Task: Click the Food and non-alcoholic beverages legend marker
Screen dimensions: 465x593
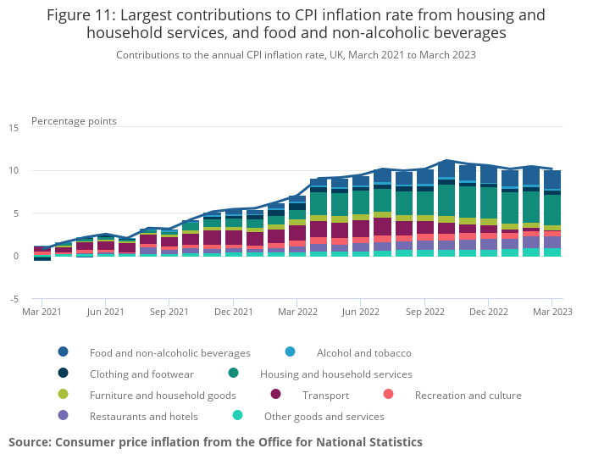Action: pyautogui.click(x=64, y=352)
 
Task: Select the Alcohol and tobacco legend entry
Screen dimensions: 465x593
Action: pyautogui.click(x=363, y=352)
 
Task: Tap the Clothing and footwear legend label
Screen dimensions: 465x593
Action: pyautogui.click(x=141, y=374)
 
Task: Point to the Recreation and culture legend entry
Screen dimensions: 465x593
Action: pyautogui.click(x=468, y=395)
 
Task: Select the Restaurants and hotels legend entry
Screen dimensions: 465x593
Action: pyautogui.click(x=143, y=416)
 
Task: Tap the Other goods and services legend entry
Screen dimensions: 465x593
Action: pyautogui.click(x=324, y=416)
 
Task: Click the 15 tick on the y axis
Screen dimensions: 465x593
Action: pyautogui.click(x=14, y=128)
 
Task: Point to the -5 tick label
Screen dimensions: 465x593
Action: pyautogui.click(x=14, y=299)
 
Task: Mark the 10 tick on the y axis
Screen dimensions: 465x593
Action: pyautogui.click(x=14, y=171)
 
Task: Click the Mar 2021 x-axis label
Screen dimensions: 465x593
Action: pyautogui.click(x=42, y=312)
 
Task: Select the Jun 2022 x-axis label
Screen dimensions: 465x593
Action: pyautogui.click(x=360, y=312)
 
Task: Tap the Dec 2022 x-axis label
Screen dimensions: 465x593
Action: pyautogui.click(x=488, y=312)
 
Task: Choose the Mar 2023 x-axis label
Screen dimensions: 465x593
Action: pyautogui.click(x=551, y=312)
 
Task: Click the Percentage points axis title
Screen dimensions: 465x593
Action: pyautogui.click(x=74, y=121)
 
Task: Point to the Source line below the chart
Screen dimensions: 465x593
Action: pyautogui.click(x=215, y=442)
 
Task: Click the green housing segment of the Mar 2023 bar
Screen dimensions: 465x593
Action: pyautogui.click(x=551, y=210)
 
